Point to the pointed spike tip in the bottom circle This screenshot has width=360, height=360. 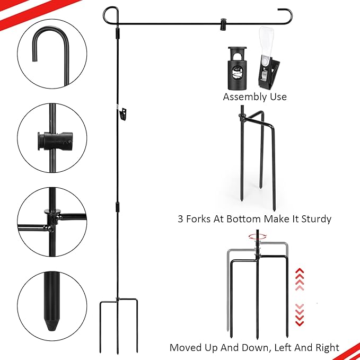tap(51, 324)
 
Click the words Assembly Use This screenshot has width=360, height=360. tap(254, 97)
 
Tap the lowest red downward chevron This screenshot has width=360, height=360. tap(300, 323)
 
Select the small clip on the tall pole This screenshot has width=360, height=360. tap(125, 112)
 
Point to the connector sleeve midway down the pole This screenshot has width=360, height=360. tap(118, 206)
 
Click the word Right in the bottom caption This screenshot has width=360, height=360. tap(326, 348)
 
